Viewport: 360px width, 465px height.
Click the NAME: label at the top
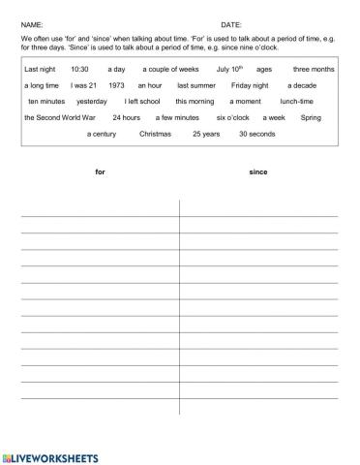pos(32,21)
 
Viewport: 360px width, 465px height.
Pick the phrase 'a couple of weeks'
pos(169,70)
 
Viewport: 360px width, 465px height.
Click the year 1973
pos(117,85)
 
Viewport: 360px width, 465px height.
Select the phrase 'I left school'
pos(143,101)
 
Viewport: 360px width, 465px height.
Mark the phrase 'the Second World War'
pos(57,116)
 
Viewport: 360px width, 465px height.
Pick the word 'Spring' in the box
pos(312,116)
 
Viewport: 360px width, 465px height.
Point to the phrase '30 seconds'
pos(256,133)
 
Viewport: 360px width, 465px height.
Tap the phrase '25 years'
pos(206,133)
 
